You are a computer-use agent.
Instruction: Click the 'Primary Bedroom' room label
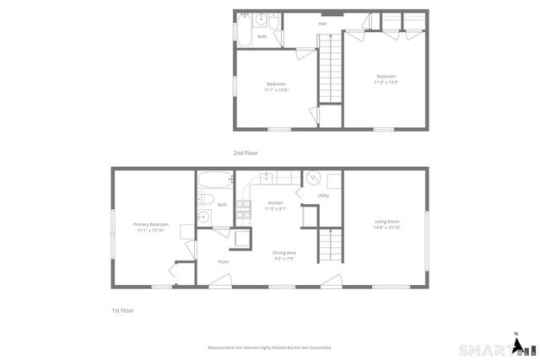coord(151,224)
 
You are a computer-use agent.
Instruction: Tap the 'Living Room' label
coord(387,222)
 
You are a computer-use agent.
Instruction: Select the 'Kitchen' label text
coord(276,203)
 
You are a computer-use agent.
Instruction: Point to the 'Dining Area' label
coord(284,253)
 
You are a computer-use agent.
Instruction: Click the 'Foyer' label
coord(224,261)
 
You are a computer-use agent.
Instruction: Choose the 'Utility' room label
coord(323,196)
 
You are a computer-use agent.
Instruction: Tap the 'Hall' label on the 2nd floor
coord(322,24)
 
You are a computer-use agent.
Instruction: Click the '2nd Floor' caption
coord(246,153)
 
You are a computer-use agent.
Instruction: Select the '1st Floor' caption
coord(123,310)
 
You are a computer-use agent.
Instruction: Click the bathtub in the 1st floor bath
coord(215,180)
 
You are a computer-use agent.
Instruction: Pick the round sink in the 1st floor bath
coord(203,218)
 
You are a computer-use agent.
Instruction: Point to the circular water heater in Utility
coord(312,178)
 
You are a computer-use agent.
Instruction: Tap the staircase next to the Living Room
coord(332,247)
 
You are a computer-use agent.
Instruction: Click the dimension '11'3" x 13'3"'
coord(386,82)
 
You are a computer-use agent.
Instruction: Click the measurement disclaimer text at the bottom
coord(270,347)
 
